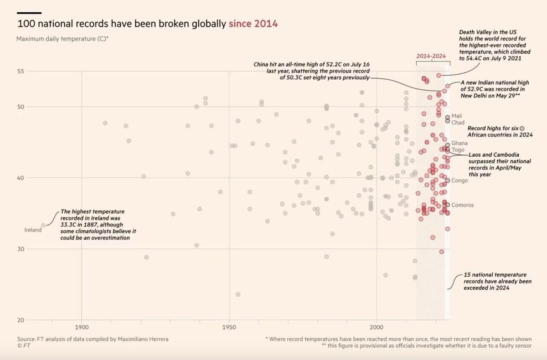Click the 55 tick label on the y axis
pyautogui.click(x=20, y=72)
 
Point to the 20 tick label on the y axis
pyautogui.click(x=20, y=320)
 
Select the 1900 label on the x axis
pyautogui.click(x=82, y=327)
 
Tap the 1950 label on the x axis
pyautogui.click(x=229, y=327)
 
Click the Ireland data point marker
pyautogui.click(x=43, y=225)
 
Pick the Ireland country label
pyautogui.click(x=32, y=231)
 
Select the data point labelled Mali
pyautogui.click(x=447, y=117)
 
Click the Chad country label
pyautogui.click(x=458, y=123)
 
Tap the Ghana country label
pyautogui.click(x=459, y=143)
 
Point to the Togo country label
pyautogui.click(x=458, y=149)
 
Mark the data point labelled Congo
pyautogui.click(x=447, y=181)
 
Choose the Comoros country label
pyautogui.click(x=462, y=205)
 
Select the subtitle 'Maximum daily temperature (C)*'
pyautogui.click(x=62, y=39)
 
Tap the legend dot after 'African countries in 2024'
pyautogui.click(x=522, y=129)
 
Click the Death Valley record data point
pyautogui.click(x=439, y=75)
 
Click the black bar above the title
pyautogui.click(x=29, y=12)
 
